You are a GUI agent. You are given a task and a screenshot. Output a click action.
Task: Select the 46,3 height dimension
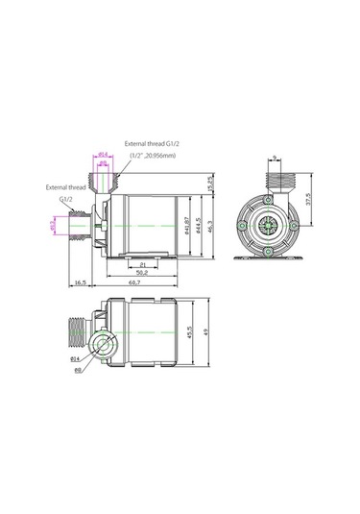(x=209, y=232)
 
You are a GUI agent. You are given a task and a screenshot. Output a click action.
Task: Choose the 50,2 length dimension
(x=140, y=274)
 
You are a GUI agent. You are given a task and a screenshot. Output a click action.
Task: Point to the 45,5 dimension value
(x=192, y=333)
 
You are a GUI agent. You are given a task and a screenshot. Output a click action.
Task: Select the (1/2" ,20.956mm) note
(x=157, y=155)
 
